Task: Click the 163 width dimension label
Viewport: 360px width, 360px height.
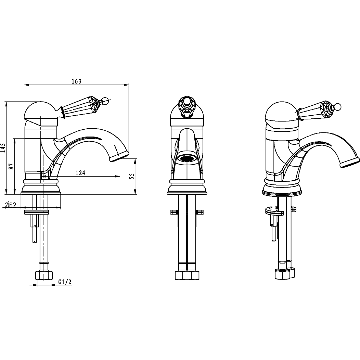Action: pos(76,81)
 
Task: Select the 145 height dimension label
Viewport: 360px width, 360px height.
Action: pos(3,148)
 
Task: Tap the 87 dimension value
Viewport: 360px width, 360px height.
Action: pos(12,166)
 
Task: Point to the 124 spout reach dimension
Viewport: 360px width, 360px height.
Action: pos(80,173)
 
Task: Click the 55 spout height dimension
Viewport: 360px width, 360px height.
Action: pos(132,176)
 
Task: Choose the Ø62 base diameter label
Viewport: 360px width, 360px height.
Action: pos(10,205)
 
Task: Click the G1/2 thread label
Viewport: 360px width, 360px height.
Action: pos(65,282)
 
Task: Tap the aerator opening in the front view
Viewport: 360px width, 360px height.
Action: pos(188,159)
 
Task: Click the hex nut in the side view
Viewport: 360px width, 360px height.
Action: pos(44,275)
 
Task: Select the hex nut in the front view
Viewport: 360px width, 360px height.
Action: pos(187,275)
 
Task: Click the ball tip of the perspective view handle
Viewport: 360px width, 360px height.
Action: pos(338,107)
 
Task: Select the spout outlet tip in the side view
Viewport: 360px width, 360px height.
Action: pos(119,157)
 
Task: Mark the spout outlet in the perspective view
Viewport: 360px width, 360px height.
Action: pos(350,163)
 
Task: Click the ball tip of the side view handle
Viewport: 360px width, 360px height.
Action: pos(105,100)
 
